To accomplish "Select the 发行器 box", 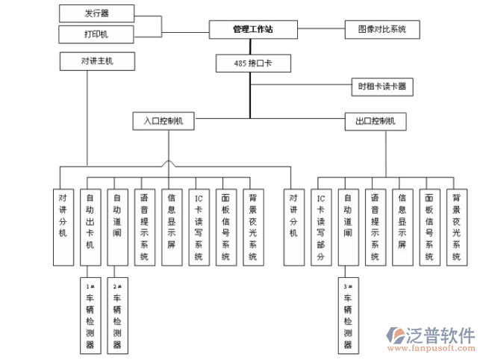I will (x=97, y=13).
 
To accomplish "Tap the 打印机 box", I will (x=97, y=34).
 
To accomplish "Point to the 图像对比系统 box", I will (x=381, y=30).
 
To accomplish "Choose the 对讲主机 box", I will (x=97, y=61).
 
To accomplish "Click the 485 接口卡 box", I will (x=252, y=64).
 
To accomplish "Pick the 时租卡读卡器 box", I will (x=381, y=87).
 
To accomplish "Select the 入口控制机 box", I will (x=163, y=120).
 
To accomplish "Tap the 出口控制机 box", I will (x=376, y=120).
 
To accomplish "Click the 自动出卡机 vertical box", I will (x=90, y=227).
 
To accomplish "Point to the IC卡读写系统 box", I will (x=198, y=227).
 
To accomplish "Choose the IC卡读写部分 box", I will (x=321, y=227).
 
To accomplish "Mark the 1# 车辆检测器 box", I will (x=90, y=315).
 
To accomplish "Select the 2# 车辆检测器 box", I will (x=116, y=315).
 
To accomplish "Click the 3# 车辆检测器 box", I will (x=348, y=315).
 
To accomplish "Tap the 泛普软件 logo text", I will (x=440, y=335).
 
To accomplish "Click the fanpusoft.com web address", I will (x=443, y=348).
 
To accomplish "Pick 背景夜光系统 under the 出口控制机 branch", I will (x=455, y=227).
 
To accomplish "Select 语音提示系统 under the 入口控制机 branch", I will (x=144, y=227).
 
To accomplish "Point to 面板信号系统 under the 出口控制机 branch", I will (x=429, y=227).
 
